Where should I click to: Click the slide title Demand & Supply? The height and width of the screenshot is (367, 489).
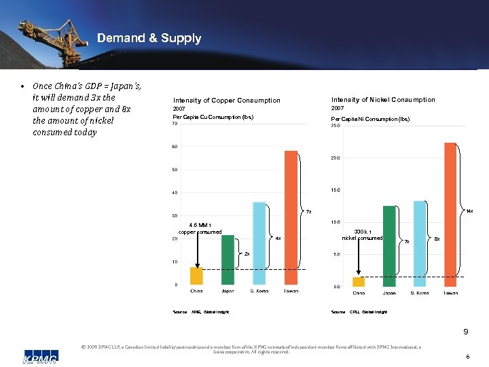[149, 38]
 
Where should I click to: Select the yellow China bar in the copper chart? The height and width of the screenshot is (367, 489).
[196, 275]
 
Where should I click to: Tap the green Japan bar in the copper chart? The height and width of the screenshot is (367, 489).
[228, 260]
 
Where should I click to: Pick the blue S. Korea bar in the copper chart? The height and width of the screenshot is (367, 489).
[259, 243]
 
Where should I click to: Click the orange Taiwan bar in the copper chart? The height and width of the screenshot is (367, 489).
[291, 217]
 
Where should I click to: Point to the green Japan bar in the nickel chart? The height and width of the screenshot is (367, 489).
[389, 245]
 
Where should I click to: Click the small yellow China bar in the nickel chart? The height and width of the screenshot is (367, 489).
[359, 281]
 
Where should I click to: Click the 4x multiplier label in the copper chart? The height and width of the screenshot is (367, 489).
[278, 239]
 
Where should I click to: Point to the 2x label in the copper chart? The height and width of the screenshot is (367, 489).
[247, 254]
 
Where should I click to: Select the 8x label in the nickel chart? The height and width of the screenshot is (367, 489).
[437, 239]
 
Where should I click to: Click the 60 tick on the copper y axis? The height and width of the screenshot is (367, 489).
[175, 147]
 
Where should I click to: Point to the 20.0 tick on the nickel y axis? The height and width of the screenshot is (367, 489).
[336, 158]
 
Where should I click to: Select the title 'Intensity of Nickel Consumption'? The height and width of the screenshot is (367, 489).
[383, 100]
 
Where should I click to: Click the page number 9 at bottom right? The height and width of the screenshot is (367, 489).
[466, 332]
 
